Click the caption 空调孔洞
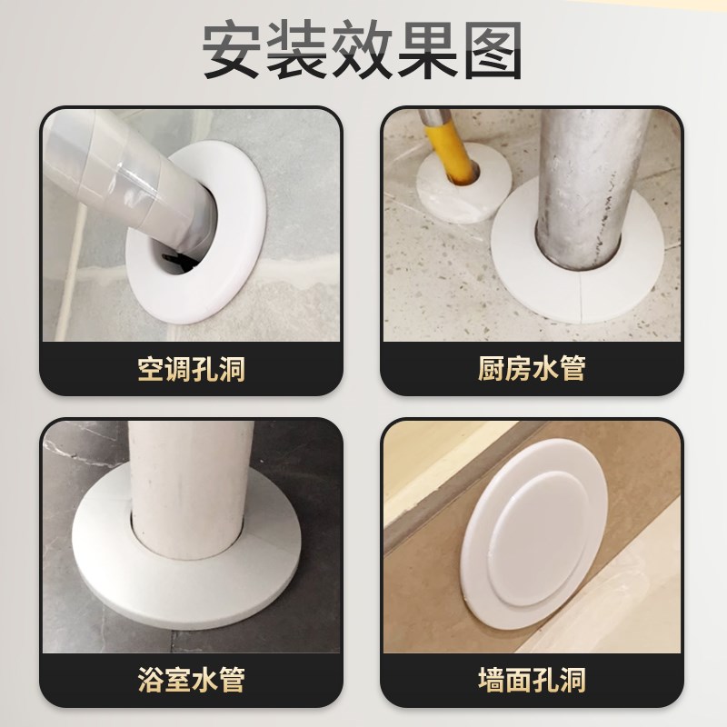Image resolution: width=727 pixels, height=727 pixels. click(192, 370)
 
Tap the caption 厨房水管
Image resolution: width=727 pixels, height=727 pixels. click(532, 370)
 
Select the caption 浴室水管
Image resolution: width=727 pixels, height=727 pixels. click(192, 679)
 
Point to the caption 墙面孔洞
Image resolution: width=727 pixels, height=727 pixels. click(532, 679)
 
